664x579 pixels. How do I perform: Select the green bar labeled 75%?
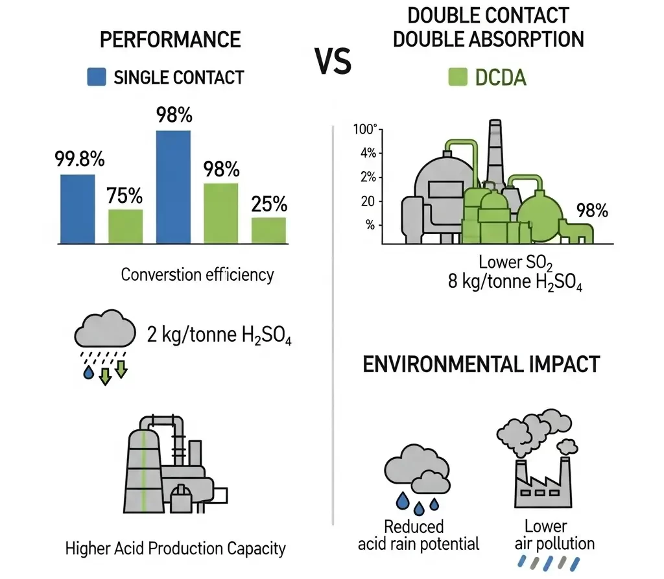point(125,226)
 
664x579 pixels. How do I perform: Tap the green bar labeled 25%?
point(269,230)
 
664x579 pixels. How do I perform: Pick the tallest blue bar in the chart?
point(173,187)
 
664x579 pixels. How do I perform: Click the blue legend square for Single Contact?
point(96,78)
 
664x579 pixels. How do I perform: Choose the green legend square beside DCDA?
point(457,78)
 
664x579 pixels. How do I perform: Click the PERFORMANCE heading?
point(171,40)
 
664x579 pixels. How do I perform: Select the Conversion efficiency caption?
point(197,274)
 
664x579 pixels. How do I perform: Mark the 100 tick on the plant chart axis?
point(365,129)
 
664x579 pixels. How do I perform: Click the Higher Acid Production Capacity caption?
point(175,548)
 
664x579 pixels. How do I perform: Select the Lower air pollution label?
point(545,534)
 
